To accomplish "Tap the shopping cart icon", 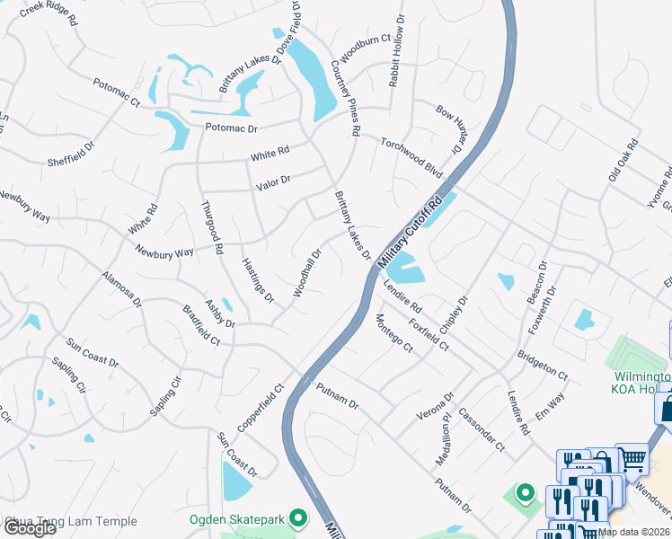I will [633, 459].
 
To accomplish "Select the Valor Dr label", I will [273, 181].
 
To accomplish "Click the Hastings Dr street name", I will [257, 278].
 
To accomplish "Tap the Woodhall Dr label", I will [306, 274].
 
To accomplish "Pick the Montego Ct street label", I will [393, 333].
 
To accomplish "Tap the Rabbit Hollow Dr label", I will [397, 62].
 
